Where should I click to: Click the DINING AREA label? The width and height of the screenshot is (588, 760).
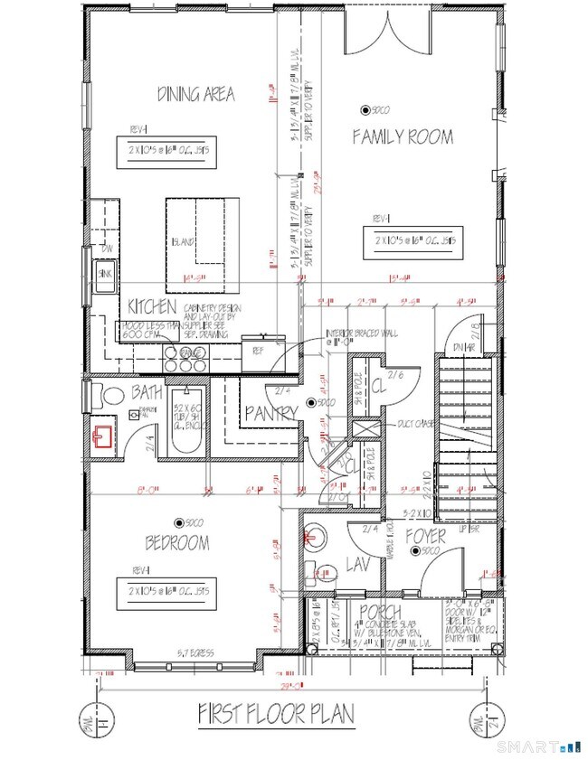point(195,94)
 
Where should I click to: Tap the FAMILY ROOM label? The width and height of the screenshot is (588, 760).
point(403,136)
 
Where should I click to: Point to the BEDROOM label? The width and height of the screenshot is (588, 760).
point(178,543)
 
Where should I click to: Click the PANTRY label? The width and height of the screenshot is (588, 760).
point(271,413)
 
